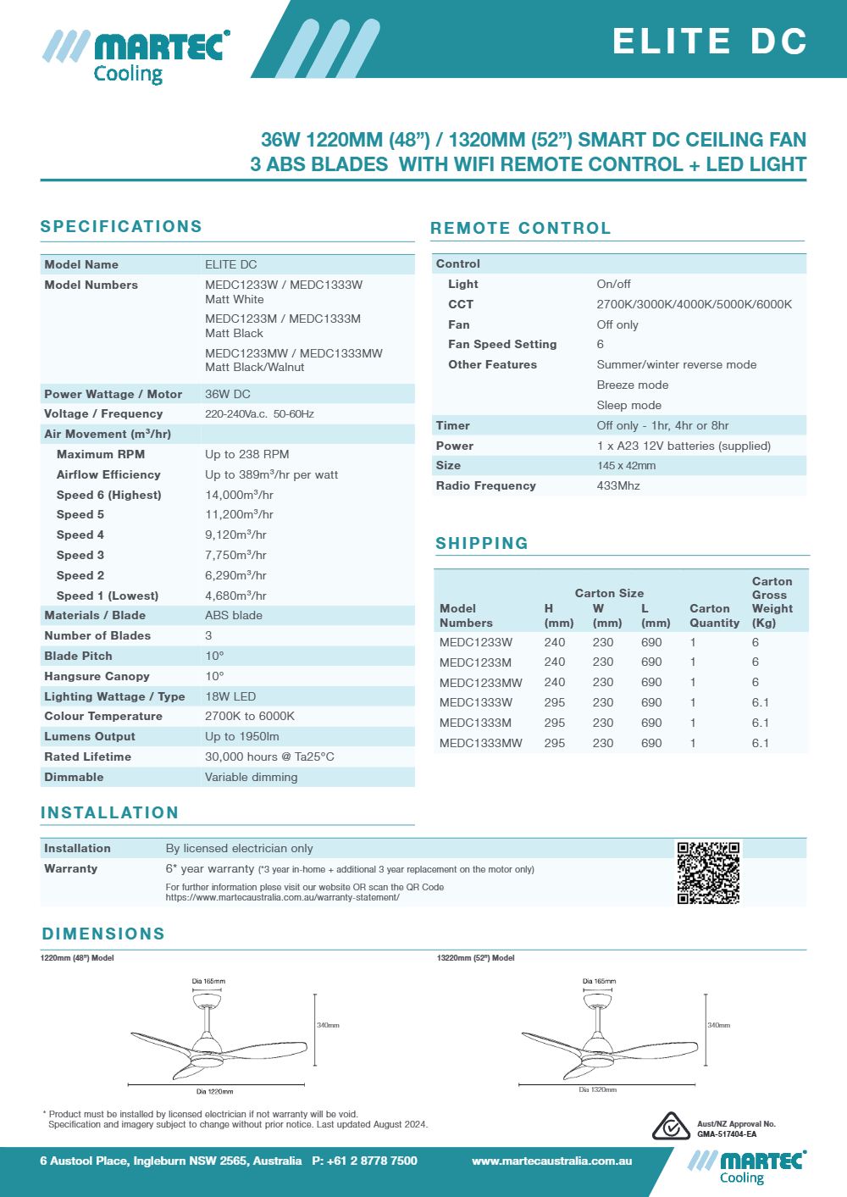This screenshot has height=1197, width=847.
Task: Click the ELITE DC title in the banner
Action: tap(710, 42)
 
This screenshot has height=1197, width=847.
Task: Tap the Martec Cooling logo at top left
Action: tap(136, 57)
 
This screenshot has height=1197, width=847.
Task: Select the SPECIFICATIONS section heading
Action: tap(121, 226)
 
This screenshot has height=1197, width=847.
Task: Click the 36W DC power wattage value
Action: tap(228, 394)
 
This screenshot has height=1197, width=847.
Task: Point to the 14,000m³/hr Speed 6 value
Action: tap(239, 495)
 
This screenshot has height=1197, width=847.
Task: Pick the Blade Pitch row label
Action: tap(78, 656)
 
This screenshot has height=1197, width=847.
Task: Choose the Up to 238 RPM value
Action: tap(246, 454)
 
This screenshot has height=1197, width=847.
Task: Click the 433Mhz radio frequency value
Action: tap(618, 485)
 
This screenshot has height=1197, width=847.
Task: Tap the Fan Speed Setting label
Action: tap(502, 344)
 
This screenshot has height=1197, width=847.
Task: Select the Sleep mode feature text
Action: tap(629, 405)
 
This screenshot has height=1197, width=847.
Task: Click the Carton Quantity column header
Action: tap(714, 616)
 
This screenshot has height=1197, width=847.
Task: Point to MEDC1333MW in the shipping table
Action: tap(480, 743)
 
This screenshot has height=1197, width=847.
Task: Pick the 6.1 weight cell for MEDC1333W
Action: tap(761, 702)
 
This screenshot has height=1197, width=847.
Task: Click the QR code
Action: tap(708, 873)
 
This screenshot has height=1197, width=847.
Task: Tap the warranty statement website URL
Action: tap(282, 897)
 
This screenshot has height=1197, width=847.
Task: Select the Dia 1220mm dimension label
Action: tap(214, 1091)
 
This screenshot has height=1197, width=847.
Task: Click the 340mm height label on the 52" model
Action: tap(718, 1025)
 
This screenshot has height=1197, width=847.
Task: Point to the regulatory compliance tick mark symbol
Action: tap(671, 1127)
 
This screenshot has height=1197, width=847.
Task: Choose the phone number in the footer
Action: tap(364, 1161)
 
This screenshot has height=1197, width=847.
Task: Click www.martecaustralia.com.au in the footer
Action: tap(551, 1161)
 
